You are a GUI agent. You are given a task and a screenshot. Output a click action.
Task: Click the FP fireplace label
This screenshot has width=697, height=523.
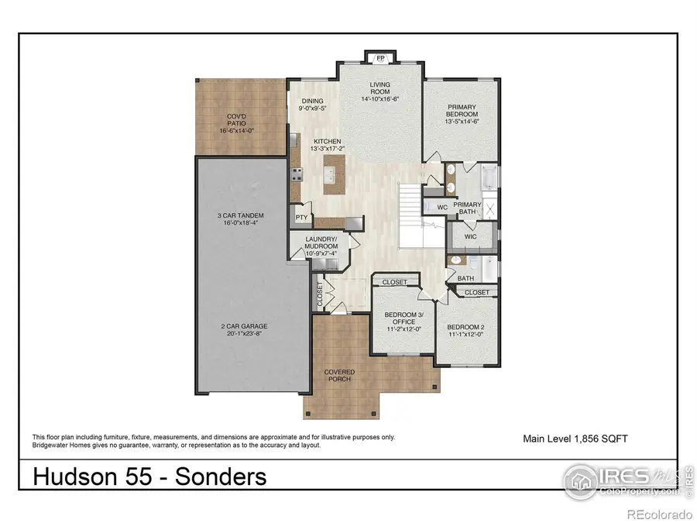point(380,58)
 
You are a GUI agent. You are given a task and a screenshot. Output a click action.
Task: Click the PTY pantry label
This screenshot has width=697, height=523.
point(301,218)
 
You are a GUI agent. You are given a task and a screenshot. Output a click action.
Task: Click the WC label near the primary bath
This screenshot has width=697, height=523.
point(442,208)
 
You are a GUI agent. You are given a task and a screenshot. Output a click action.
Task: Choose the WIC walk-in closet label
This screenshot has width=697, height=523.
point(470,236)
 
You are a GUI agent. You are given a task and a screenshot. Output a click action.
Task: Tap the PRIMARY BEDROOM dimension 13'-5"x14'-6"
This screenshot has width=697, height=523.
point(462,121)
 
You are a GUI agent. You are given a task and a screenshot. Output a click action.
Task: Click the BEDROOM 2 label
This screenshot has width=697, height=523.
point(465,329)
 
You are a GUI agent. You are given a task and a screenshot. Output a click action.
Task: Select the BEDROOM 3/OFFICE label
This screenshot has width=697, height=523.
point(403,318)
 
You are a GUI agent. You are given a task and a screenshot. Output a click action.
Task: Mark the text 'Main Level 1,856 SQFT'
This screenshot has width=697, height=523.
point(575,439)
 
